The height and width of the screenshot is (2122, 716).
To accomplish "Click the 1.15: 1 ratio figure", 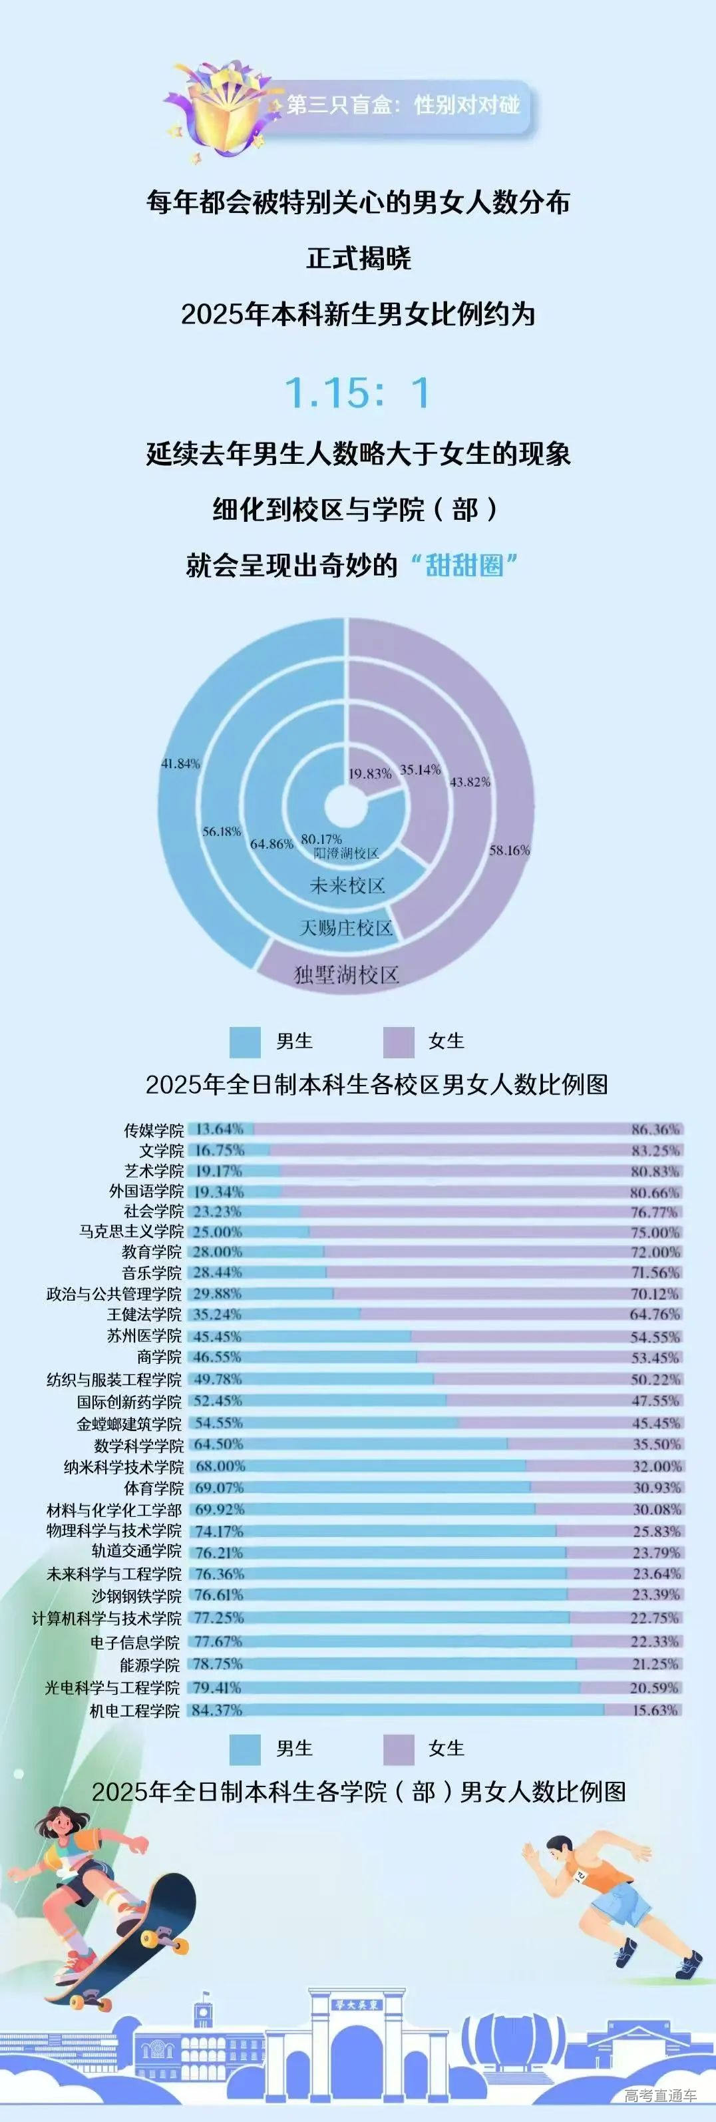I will pos(357,393).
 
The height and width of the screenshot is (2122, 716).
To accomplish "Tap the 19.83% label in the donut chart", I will pos(370,773).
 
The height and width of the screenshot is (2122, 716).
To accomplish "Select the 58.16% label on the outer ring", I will pos(509,850).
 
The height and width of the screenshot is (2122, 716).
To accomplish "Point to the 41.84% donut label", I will pos(180,763).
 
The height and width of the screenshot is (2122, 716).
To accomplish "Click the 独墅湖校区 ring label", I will pos(347,975).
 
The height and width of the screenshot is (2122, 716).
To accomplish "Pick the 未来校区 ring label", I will pos(347,885).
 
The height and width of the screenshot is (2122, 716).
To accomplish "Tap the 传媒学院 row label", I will pos(154,1130).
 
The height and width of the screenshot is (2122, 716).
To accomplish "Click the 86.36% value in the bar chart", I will pos(655,1130).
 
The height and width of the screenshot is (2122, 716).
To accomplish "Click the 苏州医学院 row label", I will pos(144,1335).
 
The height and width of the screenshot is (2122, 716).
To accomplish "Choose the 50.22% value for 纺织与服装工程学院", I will pos(655,1379).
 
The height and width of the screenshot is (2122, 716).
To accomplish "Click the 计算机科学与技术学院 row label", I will pos(107,1618).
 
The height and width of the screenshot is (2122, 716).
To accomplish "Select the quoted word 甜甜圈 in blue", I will pos(464,565).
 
